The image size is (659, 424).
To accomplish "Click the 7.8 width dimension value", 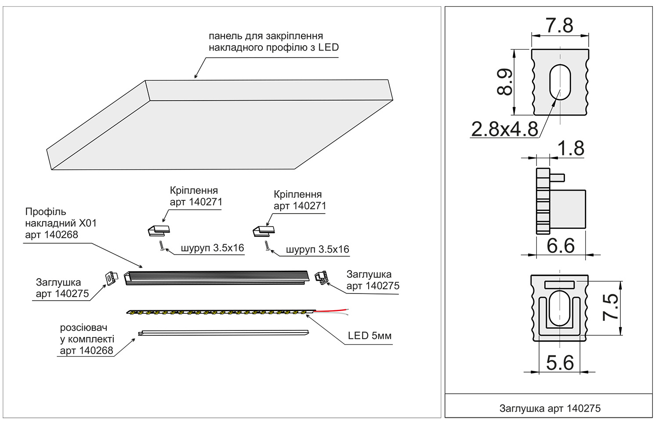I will point(559,25).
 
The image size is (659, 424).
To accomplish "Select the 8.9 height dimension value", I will point(505,82).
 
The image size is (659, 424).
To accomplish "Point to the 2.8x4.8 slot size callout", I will point(504,129).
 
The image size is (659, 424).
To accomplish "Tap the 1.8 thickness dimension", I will point(571,149).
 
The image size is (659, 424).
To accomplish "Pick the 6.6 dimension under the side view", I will point(561,246).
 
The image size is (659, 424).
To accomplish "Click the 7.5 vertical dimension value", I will point(611,307).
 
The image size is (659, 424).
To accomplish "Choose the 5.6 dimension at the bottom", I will point(560,363).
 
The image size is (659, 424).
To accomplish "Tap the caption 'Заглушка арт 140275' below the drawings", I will point(550,408).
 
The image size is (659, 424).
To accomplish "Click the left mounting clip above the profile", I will point(159,230).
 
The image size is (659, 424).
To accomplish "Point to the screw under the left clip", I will point(162,246).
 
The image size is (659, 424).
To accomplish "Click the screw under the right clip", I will point(267,246).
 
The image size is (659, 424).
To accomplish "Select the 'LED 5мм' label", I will point(369,336).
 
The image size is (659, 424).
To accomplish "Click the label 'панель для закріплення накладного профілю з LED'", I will point(273,42).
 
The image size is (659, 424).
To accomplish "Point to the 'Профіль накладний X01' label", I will point(61,223).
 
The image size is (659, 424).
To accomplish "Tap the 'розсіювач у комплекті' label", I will point(87,339).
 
